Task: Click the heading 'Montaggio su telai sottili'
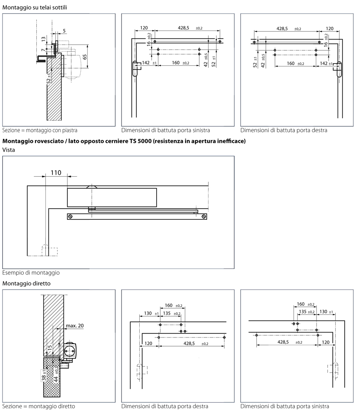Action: point(35,7)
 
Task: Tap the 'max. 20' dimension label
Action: point(75,325)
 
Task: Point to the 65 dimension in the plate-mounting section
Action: point(85,57)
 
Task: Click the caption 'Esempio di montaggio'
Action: point(31,273)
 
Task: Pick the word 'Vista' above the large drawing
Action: point(9,150)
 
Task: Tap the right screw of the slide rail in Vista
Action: point(203,216)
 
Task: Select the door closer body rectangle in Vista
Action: point(112,197)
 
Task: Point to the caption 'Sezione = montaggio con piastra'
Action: point(40,130)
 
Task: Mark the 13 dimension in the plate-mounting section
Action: point(44,40)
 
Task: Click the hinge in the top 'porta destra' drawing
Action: point(339,69)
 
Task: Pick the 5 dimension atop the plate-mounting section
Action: point(64,31)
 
